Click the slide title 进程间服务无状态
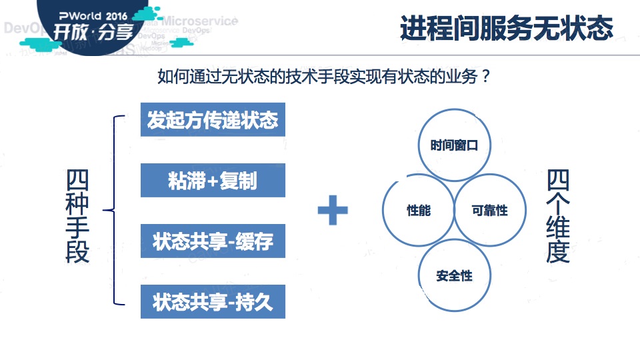(x=506, y=29)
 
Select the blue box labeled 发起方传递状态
(x=213, y=120)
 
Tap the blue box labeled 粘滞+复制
(x=213, y=181)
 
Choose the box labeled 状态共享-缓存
(x=213, y=241)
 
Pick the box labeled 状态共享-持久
(x=213, y=302)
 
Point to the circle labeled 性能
(x=419, y=211)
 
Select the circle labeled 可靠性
(x=489, y=211)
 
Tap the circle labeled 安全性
(x=454, y=275)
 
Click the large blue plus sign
(x=333, y=211)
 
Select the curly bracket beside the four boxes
(x=115, y=211)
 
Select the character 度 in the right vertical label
(x=559, y=252)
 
